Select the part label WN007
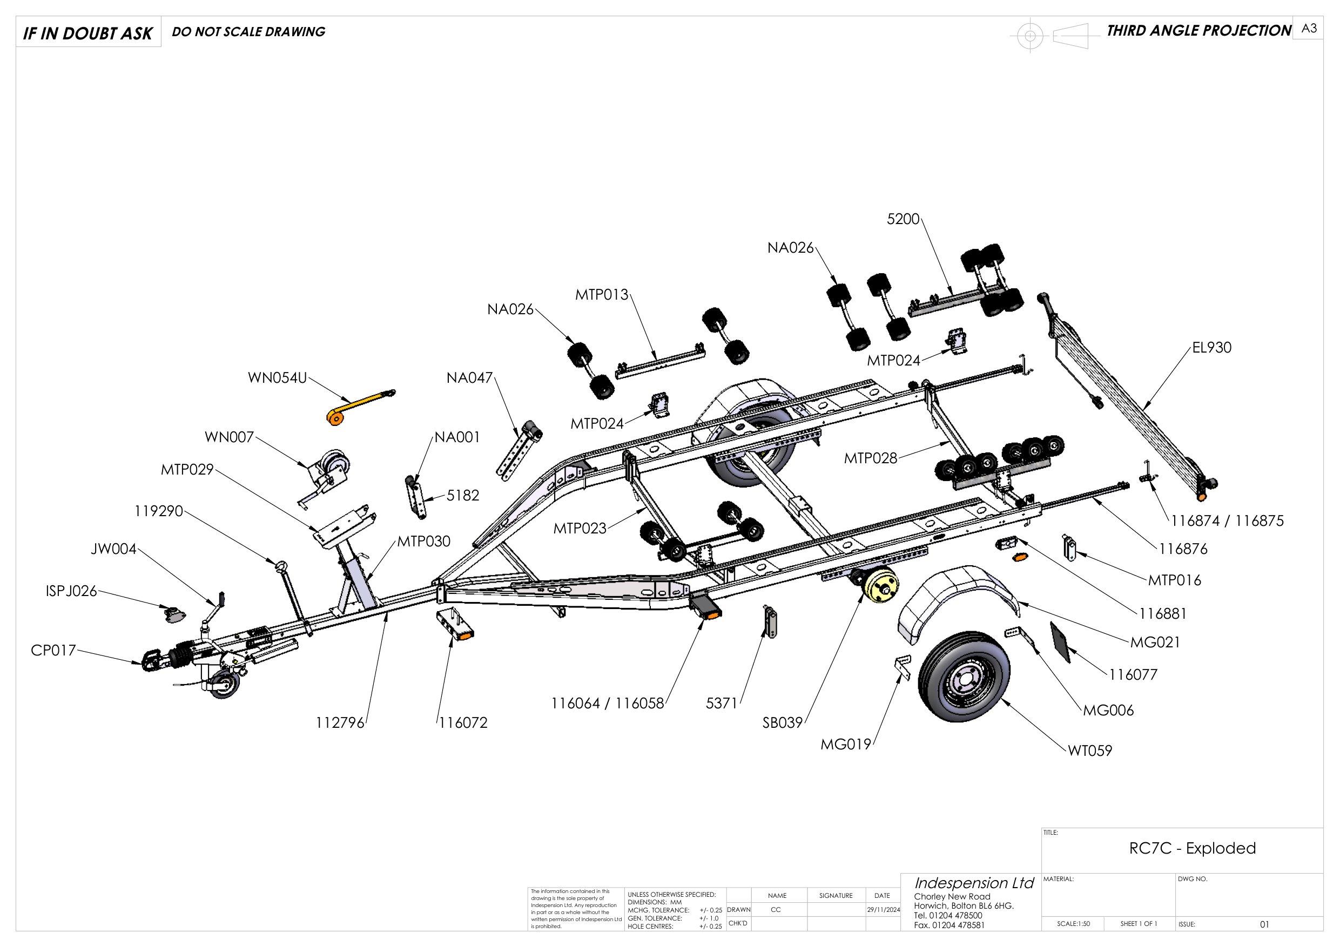point(229,436)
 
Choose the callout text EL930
point(1211,348)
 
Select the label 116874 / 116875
point(1227,521)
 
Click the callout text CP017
point(53,650)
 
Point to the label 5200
point(903,219)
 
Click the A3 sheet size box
point(1309,29)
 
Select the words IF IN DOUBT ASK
point(87,33)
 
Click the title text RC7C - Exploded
point(1193,864)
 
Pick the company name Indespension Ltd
point(973,883)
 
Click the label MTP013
point(601,295)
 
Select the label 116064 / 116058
point(608,704)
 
